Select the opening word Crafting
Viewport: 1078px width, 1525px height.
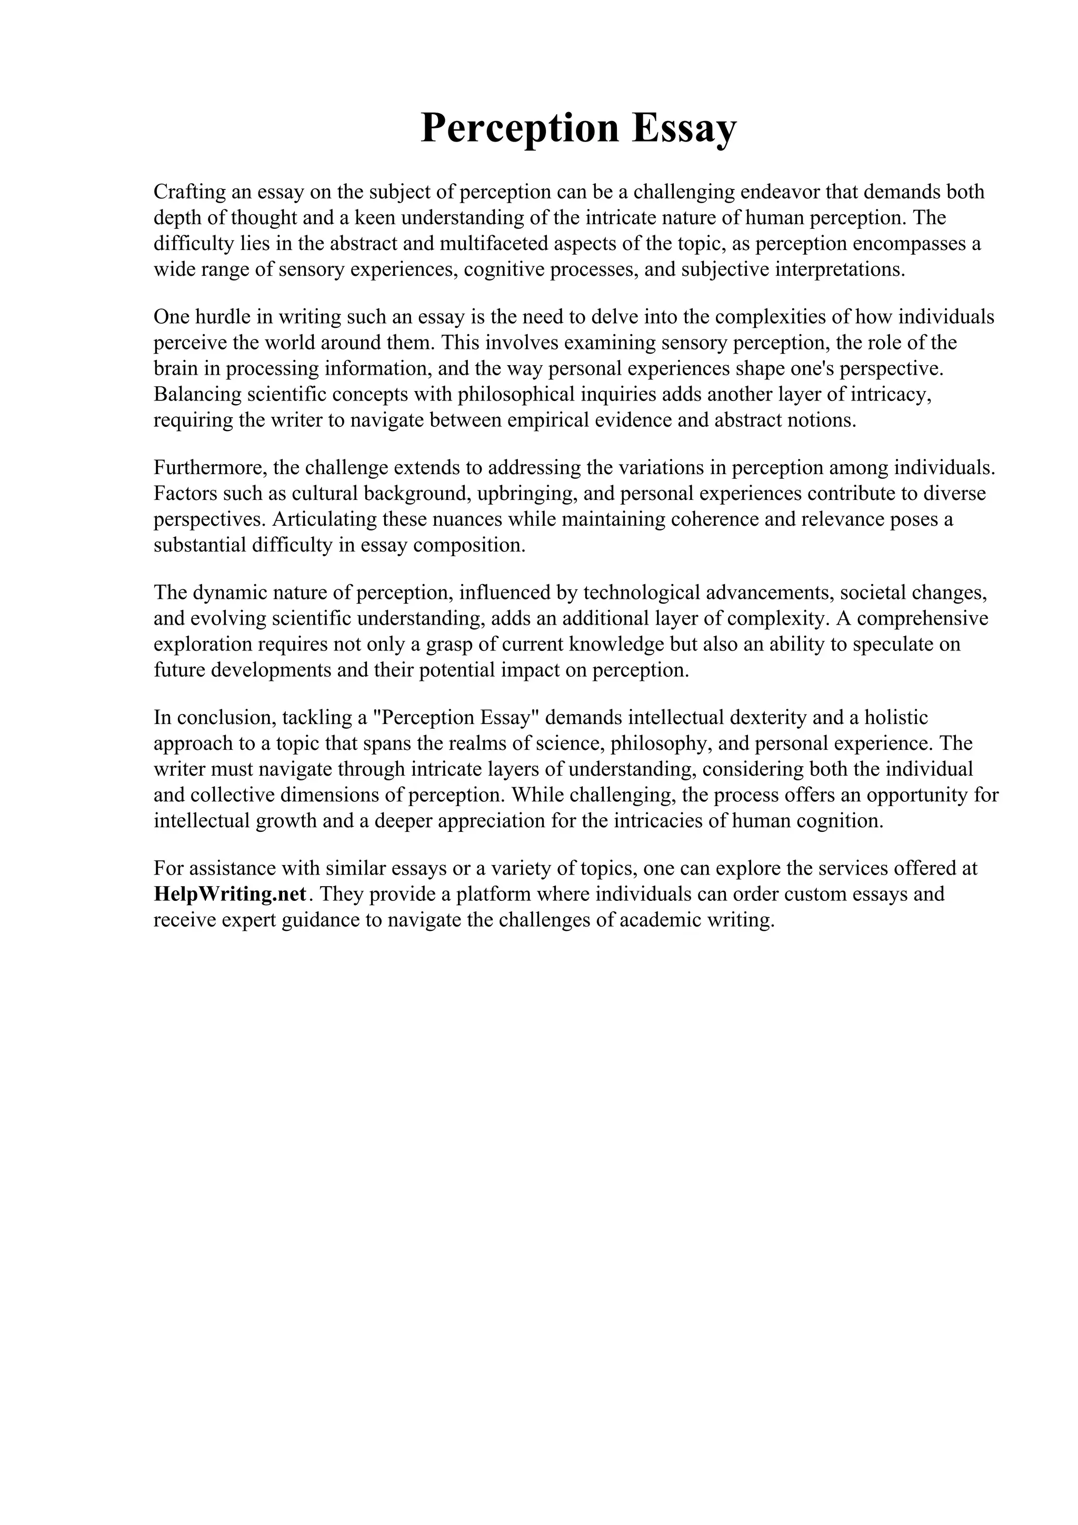click(x=189, y=192)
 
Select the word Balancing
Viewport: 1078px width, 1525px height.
click(x=197, y=395)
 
